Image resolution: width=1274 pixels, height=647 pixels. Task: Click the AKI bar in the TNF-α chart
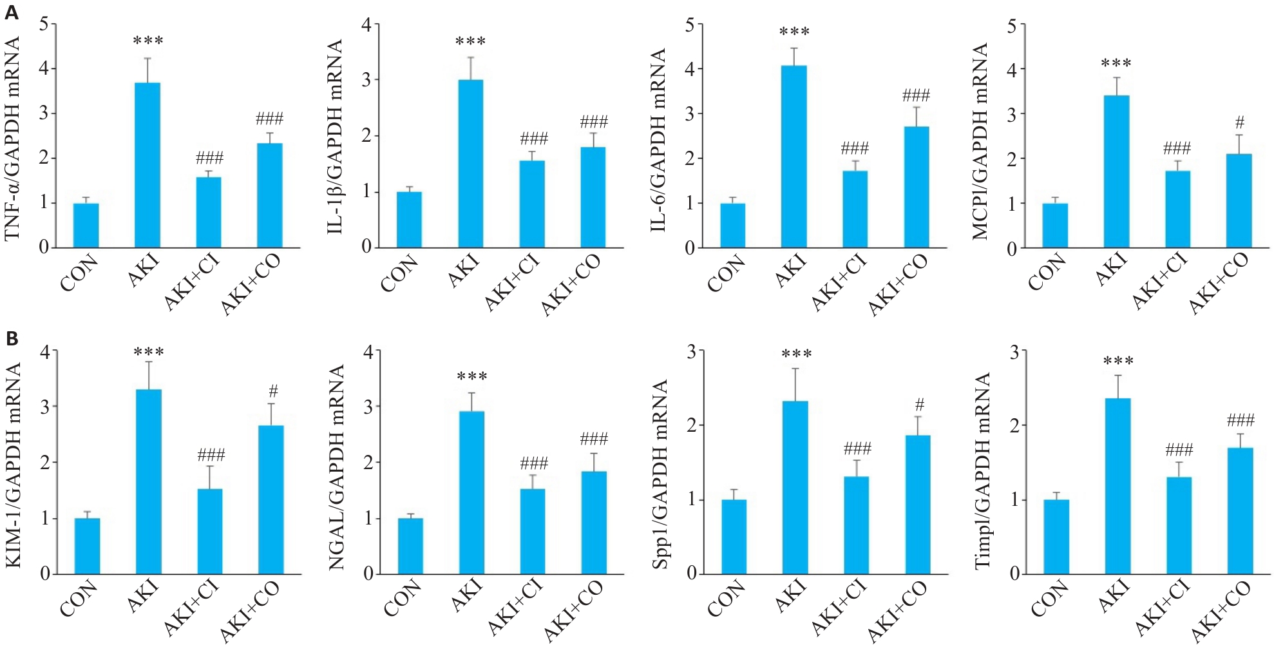(x=147, y=165)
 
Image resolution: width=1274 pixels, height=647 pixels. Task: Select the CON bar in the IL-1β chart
(x=409, y=220)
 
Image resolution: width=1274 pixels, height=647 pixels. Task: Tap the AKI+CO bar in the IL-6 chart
(x=916, y=187)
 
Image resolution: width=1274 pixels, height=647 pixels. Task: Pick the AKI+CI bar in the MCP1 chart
(x=1177, y=209)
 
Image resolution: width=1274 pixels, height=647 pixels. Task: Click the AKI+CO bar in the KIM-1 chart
(x=271, y=499)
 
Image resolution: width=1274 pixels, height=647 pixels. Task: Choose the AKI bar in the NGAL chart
(x=471, y=492)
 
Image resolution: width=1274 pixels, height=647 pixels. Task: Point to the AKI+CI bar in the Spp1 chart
(x=856, y=525)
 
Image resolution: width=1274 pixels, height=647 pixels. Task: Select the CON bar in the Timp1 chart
(x=1056, y=536)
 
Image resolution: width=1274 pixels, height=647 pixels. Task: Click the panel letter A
(x=11, y=11)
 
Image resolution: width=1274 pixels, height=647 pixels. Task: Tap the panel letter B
(x=11, y=338)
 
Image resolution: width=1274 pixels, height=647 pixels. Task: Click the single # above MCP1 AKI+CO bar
(x=1239, y=122)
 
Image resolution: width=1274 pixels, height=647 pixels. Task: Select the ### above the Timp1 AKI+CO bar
(x=1241, y=421)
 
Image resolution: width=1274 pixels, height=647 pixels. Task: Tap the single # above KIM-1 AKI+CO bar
(x=273, y=391)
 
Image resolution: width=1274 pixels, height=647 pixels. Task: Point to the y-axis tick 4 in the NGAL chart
(x=368, y=352)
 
